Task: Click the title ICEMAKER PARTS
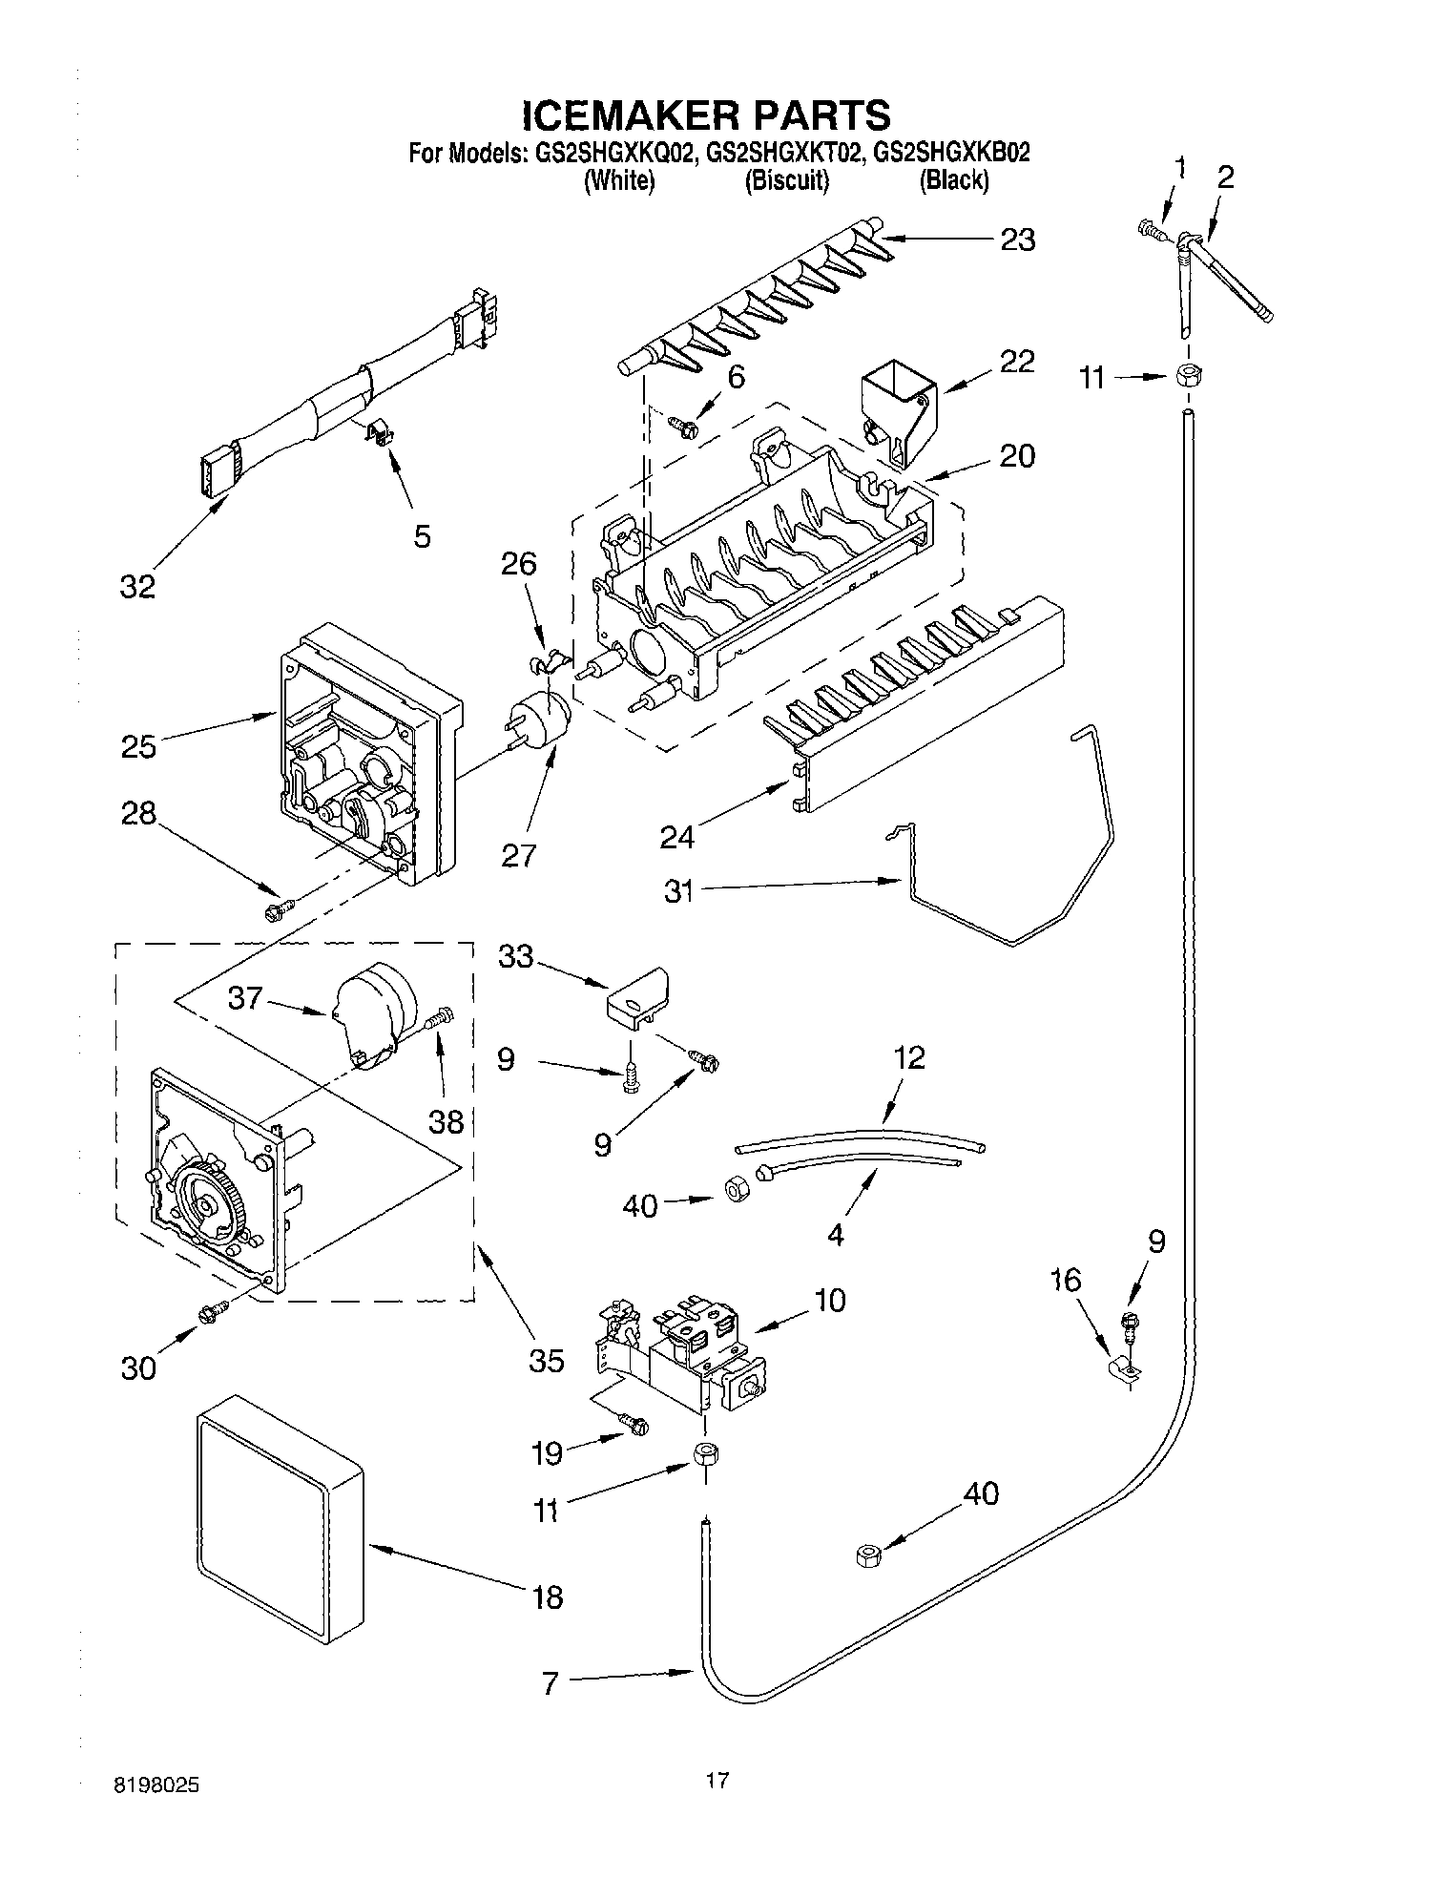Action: (x=706, y=115)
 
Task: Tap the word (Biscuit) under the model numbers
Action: (x=787, y=180)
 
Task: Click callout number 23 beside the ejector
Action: (x=1017, y=240)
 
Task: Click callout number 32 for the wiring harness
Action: (x=137, y=586)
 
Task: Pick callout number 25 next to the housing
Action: (x=138, y=745)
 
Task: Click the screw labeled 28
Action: (x=277, y=910)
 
